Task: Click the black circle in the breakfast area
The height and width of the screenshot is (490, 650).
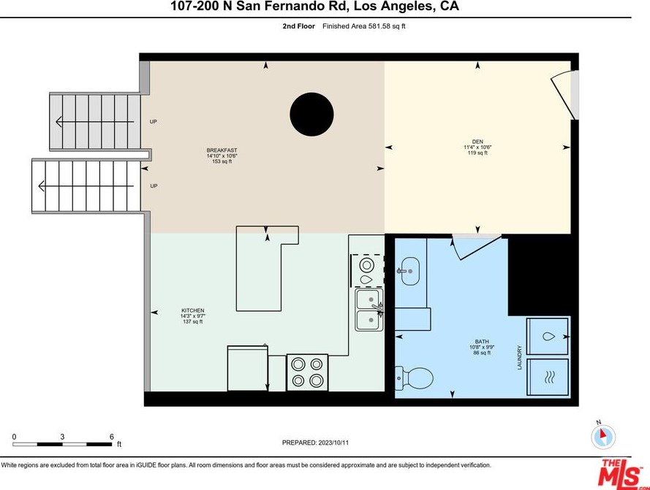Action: coord(311,115)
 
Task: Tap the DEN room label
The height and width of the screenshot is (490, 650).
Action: coord(477,142)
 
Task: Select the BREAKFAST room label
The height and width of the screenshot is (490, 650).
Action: coord(222,150)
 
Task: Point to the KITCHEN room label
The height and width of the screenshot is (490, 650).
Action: coord(193,310)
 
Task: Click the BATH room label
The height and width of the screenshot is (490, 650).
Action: coord(482,342)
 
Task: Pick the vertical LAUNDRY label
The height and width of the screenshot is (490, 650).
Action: coord(519,357)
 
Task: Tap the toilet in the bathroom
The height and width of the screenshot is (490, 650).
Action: coord(414,378)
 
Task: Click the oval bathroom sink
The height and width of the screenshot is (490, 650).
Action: coord(410,272)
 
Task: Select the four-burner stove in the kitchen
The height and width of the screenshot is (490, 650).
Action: coord(308,372)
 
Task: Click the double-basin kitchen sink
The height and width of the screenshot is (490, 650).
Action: coord(369,310)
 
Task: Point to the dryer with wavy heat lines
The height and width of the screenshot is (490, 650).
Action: coord(548,378)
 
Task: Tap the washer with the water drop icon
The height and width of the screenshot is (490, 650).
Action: coord(548,336)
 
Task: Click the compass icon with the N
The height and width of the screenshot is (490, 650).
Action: coord(603,436)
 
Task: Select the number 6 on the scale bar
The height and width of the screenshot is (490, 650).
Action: coord(112,437)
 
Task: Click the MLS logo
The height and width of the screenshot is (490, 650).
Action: coord(620,472)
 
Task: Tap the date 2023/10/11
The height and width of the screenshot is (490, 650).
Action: coord(333,443)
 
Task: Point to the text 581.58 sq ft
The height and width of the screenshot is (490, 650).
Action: coord(387,26)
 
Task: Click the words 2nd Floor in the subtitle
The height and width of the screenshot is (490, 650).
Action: coord(299,26)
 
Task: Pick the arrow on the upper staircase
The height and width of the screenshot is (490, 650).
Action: coord(94,122)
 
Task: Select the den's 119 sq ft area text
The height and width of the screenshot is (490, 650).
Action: coord(477,153)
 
